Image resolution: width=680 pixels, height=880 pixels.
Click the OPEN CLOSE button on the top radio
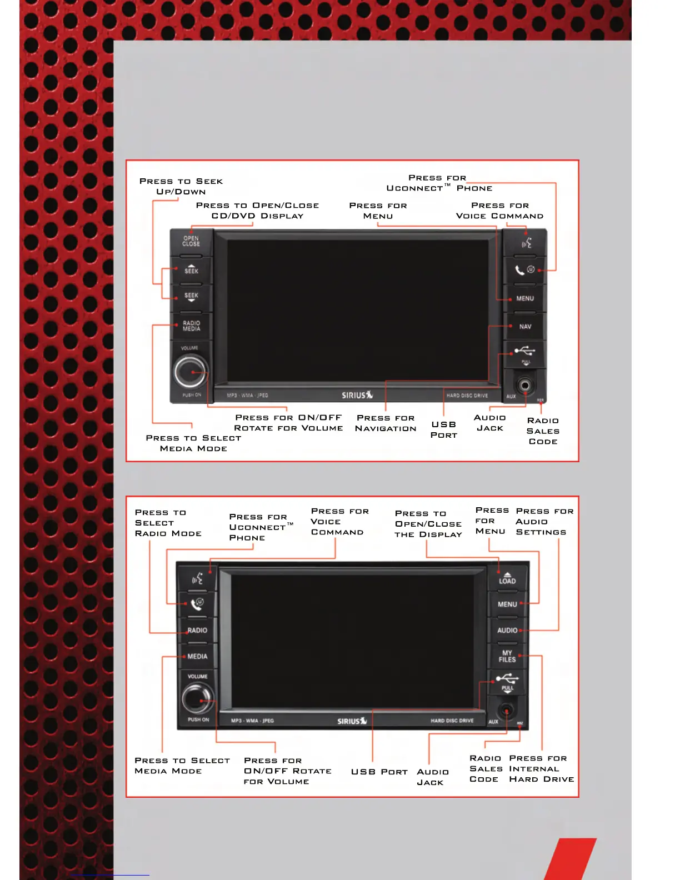[x=191, y=242]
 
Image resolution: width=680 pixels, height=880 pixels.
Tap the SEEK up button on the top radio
[x=191, y=270]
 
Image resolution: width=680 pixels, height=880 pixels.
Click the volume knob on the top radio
[x=191, y=372]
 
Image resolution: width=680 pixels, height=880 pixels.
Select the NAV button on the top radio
[x=525, y=327]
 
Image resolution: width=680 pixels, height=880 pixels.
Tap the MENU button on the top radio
[x=525, y=299]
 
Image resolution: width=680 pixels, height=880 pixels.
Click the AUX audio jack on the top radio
[x=524, y=385]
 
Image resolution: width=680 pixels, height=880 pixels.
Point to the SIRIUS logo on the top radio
[x=357, y=395]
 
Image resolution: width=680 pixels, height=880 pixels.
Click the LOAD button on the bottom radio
[x=507, y=578]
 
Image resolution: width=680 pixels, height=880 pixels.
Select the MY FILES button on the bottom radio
[x=507, y=657]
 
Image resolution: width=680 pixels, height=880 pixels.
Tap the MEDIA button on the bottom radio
[x=197, y=657]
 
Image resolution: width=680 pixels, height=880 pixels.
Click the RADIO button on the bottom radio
[x=197, y=631]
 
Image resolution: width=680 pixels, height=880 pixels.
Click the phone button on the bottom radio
[x=197, y=604]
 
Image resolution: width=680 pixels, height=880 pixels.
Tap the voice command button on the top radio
[x=526, y=243]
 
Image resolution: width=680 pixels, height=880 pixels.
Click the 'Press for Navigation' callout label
[x=386, y=423]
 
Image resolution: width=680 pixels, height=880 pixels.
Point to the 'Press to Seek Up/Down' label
[x=181, y=187]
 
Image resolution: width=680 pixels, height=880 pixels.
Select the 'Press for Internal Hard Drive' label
[x=541, y=769]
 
